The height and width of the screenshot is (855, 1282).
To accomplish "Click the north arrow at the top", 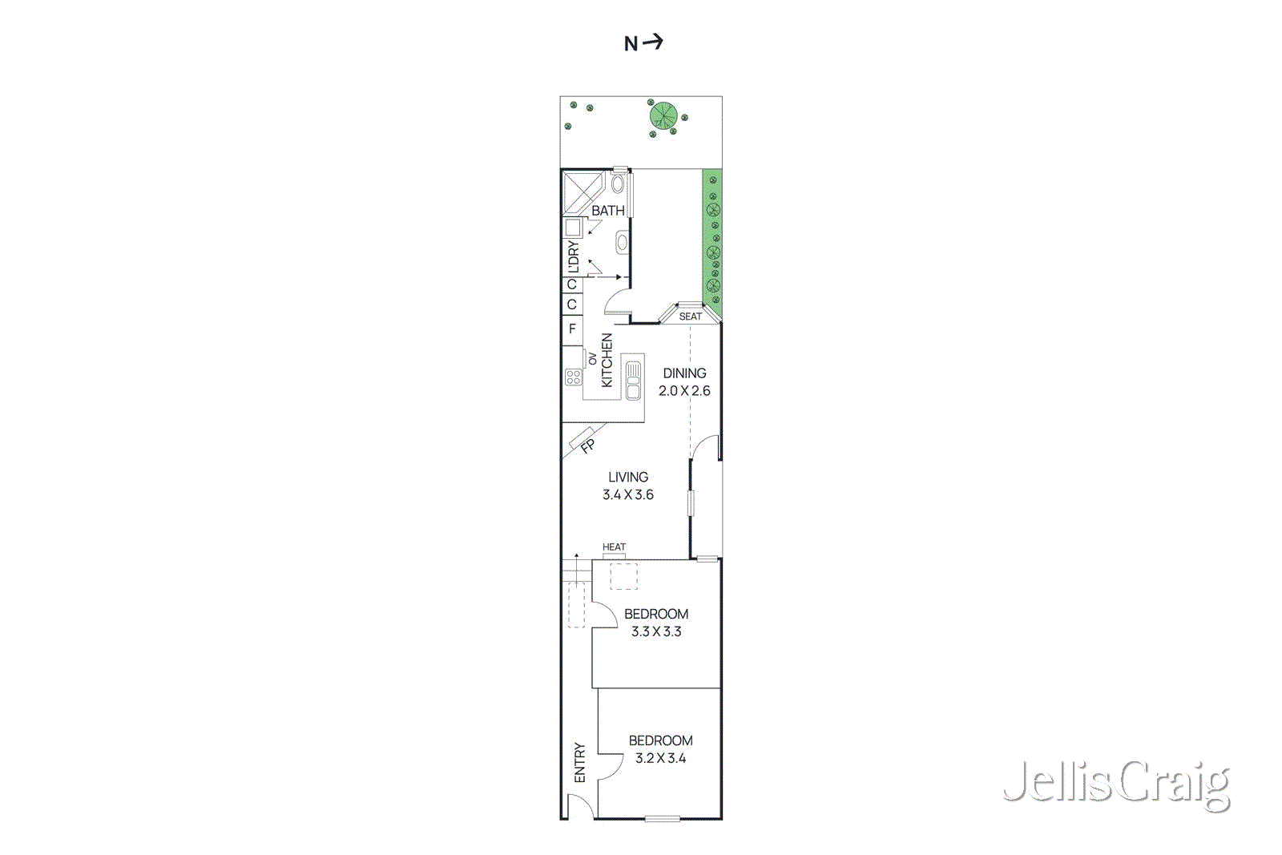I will [x=643, y=42].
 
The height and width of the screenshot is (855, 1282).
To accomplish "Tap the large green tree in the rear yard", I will [x=663, y=116].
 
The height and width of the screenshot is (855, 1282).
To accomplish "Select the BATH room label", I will [x=607, y=211].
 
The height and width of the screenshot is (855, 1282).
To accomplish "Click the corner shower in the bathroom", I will [x=582, y=192].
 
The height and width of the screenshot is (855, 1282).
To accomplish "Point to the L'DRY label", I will [x=572, y=256].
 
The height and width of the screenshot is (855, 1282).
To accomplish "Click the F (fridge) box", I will [x=572, y=329].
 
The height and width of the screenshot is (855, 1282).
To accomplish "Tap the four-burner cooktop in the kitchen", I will [x=573, y=377].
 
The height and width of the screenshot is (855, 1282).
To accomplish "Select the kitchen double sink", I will [x=633, y=380].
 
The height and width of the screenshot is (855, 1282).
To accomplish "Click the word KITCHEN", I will [x=607, y=361].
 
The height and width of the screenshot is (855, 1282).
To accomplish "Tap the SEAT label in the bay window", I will [x=690, y=317].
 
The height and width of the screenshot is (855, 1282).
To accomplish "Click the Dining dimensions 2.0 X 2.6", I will [x=684, y=391].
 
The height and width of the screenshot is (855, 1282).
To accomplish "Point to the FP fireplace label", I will [x=587, y=446].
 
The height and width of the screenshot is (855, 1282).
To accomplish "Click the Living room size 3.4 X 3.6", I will [x=628, y=495].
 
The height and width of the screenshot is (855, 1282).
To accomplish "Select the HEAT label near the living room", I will [x=614, y=547].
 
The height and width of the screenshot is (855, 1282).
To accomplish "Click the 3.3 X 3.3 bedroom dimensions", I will [x=656, y=631].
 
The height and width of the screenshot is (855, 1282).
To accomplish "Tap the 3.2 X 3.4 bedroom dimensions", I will [x=660, y=758].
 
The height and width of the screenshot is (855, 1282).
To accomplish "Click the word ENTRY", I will [x=580, y=763].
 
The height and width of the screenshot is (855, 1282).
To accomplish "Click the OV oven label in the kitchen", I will [x=592, y=359].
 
